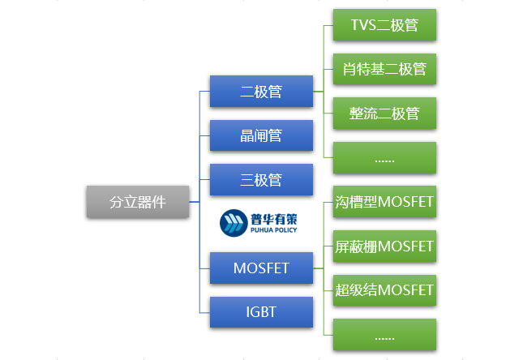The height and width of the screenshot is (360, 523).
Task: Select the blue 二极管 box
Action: [261, 92]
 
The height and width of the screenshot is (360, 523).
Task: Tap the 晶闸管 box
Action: [261, 135]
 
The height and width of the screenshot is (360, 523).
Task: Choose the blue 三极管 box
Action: [261, 179]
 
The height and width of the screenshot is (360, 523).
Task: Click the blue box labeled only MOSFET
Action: [261, 268]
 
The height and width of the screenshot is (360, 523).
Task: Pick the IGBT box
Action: [261, 312]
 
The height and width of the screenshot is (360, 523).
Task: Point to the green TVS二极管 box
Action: [384, 25]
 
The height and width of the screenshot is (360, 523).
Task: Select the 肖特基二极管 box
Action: [384, 69]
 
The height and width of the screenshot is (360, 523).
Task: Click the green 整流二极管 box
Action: [384, 113]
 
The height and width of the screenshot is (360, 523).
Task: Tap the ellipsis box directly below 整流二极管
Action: [384, 157]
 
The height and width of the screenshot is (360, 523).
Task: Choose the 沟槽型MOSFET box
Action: [384, 202]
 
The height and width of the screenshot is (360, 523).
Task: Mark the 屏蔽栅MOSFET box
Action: [384, 246]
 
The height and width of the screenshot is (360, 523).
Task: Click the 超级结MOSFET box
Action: [384, 289]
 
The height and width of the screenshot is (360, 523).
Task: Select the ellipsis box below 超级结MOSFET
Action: [384, 334]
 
